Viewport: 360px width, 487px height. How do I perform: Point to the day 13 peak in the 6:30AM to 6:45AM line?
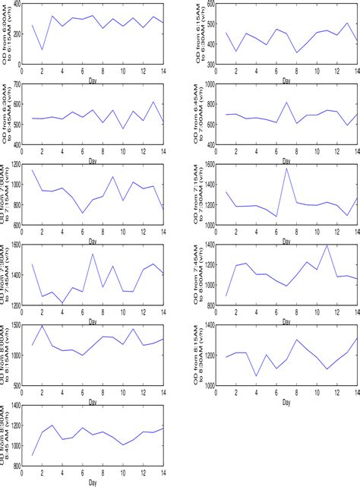tap(153, 102)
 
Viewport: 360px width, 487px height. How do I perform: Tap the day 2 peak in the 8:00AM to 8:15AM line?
tap(43, 326)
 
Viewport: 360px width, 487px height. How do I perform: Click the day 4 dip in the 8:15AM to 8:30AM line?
tap(257, 375)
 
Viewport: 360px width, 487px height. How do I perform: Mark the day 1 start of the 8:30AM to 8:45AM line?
tap(33, 456)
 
